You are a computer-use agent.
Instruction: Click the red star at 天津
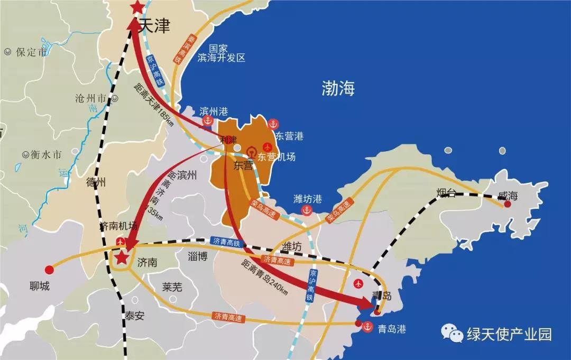[x=137, y=7]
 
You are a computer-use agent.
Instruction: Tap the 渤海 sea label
[x=338, y=88]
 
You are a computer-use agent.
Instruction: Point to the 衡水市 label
[x=45, y=155]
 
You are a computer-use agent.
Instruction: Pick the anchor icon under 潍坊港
[x=306, y=210]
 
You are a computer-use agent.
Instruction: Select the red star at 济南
[x=122, y=258]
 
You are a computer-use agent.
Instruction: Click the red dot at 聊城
[x=49, y=270]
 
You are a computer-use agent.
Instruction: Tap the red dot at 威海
[x=508, y=204]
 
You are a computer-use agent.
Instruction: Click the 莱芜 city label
[x=172, y=287]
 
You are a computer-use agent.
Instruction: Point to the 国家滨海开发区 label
[x=222, y=52]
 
